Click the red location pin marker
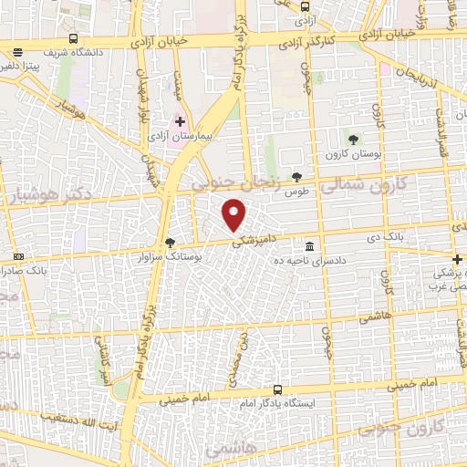pyautogui.click(x=234, y=216)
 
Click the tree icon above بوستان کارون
pyautogui.click(x=353, y=139)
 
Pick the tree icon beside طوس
pyautogui.click(x=296, y=177)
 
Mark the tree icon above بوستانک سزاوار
pyautogui.click(x=170, y=243)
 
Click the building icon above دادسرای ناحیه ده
pyautogui.click(x=310, y=246)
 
